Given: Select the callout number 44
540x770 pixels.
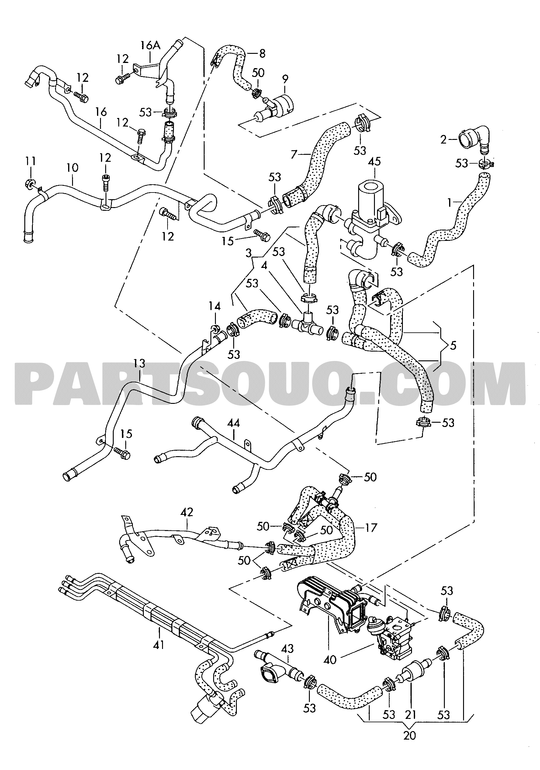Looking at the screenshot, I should tap(233, 424).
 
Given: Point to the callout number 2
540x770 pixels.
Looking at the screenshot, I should tap(443, 140).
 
